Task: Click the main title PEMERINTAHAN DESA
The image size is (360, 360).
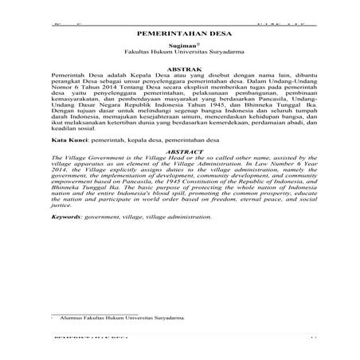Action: point(179,36)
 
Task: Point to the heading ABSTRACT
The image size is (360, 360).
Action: point(180,150)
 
